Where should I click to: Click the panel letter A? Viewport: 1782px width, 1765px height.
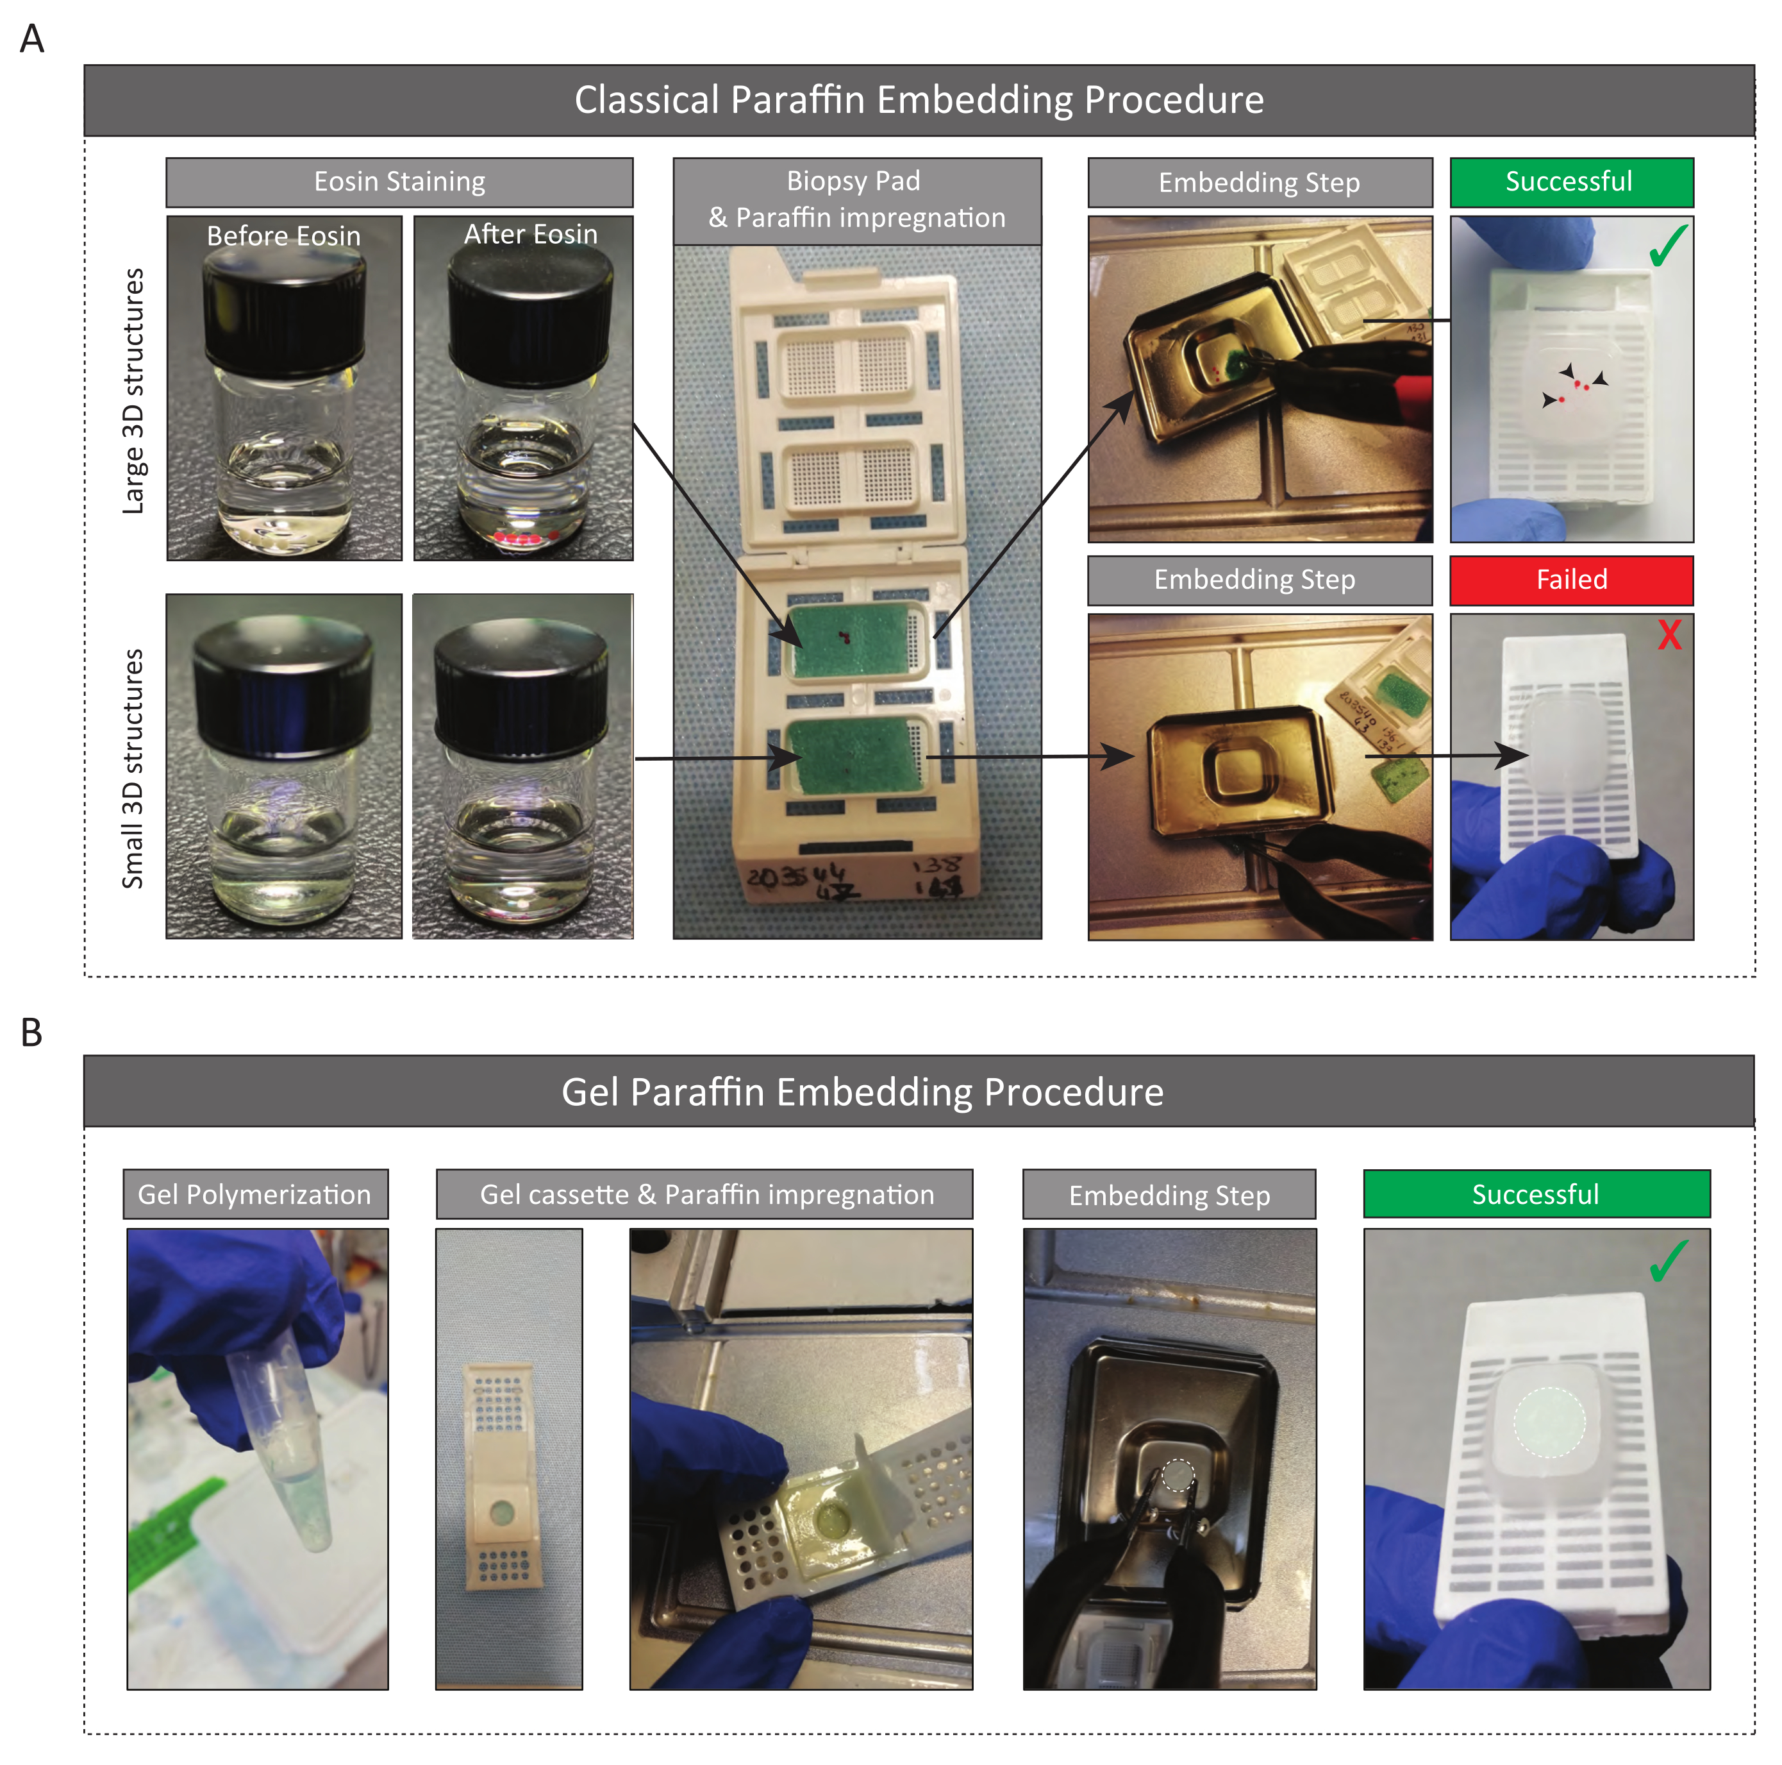32,40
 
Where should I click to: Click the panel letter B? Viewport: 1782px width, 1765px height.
31,1033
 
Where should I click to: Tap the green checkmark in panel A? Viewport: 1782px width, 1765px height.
1668,246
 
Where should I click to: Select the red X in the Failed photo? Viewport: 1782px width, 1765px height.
1669,635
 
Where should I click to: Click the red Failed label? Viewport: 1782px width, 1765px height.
1570,579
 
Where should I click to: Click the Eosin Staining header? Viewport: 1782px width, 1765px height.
399,182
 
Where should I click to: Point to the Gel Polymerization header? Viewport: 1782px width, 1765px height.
254,1194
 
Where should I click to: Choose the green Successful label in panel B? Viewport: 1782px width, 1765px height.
1536,1194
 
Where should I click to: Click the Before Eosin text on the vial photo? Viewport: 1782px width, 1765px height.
283,236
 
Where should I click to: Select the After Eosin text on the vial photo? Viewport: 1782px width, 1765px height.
530,234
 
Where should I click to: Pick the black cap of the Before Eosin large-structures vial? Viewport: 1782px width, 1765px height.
284,305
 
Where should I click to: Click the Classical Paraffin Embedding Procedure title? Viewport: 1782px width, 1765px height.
919,99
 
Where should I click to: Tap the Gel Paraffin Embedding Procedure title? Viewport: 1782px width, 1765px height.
862,1092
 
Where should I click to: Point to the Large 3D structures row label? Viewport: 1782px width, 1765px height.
135,391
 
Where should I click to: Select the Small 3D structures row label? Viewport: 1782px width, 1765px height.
134,768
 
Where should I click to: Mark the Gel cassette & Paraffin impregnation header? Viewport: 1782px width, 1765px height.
706,1194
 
